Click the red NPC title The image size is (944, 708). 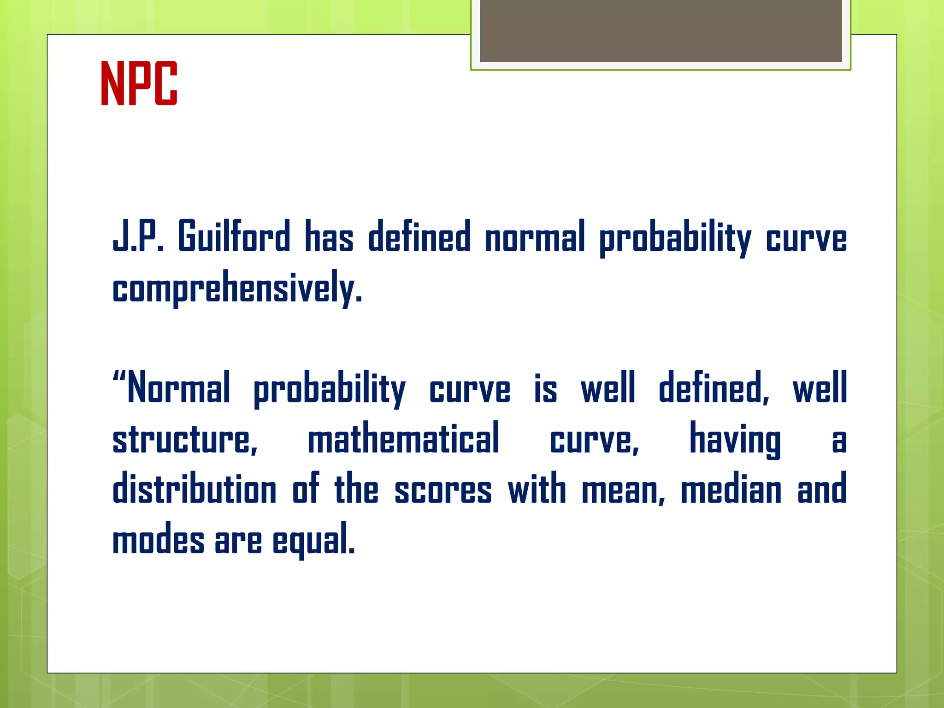pos(139,83)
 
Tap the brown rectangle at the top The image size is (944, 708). pos(661,30)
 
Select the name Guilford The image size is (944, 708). pos(234,236)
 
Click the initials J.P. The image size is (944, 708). pos(138,236)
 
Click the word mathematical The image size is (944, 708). pos(403,438)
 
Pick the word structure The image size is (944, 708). pos(185,438)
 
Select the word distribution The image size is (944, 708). pos(195,489)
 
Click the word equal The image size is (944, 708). pos(313,540)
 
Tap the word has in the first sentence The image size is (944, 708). pos(329,236)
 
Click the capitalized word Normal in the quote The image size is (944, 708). pos(178,388)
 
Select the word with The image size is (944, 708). pos(537,489)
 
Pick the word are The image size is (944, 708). pos(238,540)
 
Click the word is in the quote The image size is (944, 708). pos(545,388)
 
